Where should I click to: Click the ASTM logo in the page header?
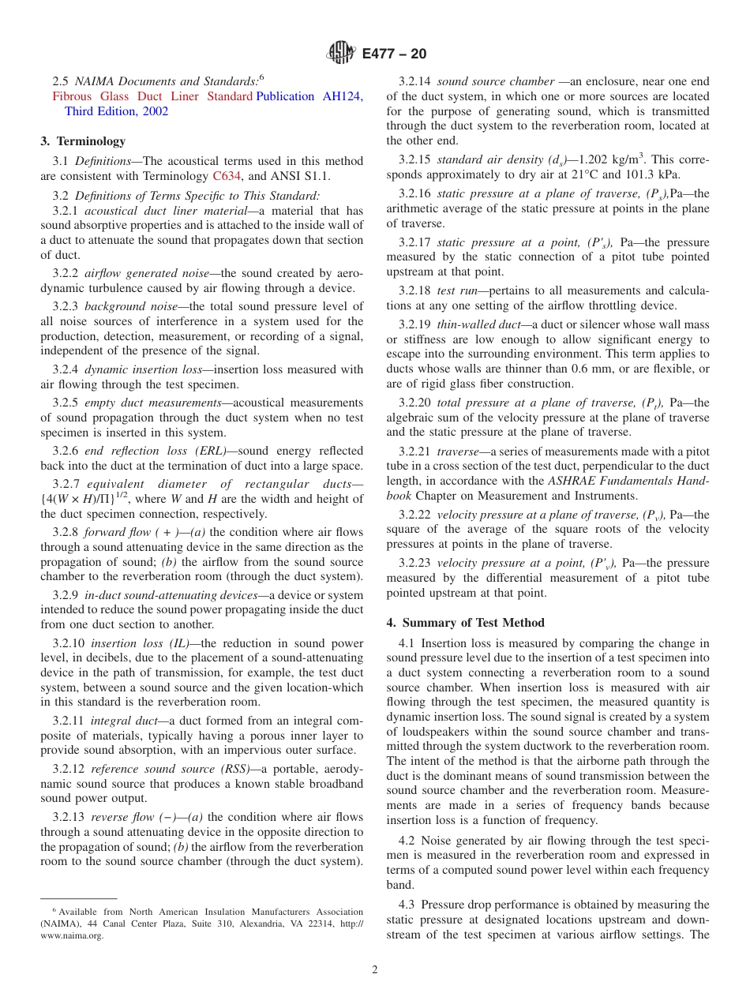tap(341, 54)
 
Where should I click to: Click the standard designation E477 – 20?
tap(394, 54)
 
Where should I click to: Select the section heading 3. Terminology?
tap(83, 141)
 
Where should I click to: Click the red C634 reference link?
tap(226, 175)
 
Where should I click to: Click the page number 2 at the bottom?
tap(375, 970)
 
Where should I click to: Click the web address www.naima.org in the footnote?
tap(72, 936)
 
